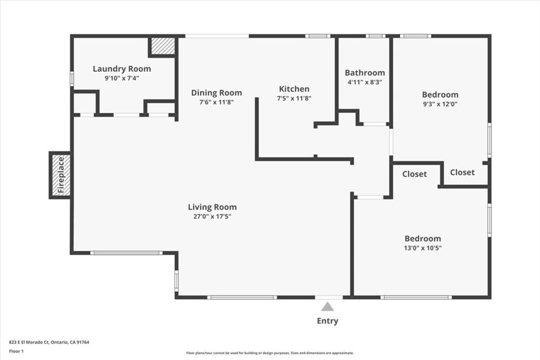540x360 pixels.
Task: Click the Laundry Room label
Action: [122, 69]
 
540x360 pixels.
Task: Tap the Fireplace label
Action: [61, 176]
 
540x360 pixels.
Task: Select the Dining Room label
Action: [216, 93]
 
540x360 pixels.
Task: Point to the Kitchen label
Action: [294, 89]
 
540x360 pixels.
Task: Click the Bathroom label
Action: [365, 73]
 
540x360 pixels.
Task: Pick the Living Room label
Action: [213, 207]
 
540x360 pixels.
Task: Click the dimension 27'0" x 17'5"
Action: [213, 217]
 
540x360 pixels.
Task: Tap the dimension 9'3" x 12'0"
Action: [440, 104]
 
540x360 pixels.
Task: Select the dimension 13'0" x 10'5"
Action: [423, 248]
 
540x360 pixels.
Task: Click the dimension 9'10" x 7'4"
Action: [122, 78]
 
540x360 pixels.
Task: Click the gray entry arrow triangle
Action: [328, 306]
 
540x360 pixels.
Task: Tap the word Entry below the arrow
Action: [327, 320]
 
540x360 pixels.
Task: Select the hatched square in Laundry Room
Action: [162, 46]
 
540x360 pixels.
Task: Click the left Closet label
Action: [414, 174]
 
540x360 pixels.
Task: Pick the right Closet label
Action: [462, 172]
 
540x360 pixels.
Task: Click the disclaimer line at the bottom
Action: [269, 353]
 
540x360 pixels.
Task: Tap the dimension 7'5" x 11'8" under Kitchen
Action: [294, 98]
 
